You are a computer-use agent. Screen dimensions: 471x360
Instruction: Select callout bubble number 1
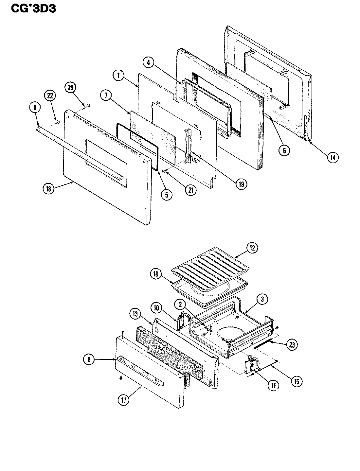coord(118,76)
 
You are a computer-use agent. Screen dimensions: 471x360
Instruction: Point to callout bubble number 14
coord(332,157)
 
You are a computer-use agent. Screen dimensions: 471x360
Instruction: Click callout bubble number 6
coord(284,150)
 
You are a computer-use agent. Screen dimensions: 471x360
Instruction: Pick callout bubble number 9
coord(35,107)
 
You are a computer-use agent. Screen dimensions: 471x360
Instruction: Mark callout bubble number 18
coord(48,188)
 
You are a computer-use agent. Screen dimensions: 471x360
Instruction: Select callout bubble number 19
coord(241,183)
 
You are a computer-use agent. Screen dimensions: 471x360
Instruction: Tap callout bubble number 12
coord(252,248)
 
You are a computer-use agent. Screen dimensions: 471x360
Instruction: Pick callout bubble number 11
coord(273,385)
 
